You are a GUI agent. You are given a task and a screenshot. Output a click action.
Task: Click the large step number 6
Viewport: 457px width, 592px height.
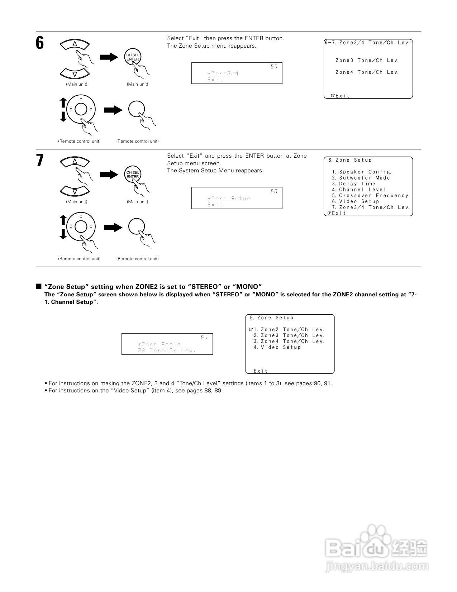coord(40,43)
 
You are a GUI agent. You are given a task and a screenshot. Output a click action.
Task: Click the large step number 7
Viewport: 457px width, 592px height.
coord(40,161)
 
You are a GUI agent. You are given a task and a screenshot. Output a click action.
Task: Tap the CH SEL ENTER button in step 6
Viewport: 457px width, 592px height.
coord(133,57)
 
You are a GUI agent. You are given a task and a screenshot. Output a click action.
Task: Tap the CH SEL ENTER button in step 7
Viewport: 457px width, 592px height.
coord(133,175)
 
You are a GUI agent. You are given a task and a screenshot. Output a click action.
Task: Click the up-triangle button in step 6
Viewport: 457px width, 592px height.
coord(75,44)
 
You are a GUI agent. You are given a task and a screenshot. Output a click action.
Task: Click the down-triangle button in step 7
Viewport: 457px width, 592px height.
coord(75,192)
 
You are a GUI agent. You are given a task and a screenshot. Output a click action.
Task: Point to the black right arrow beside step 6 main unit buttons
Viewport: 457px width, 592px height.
coord(109,57)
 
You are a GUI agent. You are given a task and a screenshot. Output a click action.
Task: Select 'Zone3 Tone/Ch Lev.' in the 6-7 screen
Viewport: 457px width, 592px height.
coord(367,61)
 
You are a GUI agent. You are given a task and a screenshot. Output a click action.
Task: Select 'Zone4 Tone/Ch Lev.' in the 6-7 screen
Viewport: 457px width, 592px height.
coord(367,72)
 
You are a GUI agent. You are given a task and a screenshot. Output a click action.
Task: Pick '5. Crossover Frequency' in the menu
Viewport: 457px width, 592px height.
coord(370,196)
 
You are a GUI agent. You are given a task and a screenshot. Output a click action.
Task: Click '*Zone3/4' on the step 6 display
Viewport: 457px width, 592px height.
coord(223,73)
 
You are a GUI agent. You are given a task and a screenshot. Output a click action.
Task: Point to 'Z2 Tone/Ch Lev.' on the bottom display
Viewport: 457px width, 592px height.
coord(167,350)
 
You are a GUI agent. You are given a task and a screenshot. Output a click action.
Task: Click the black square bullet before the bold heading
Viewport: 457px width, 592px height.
coord(39,287)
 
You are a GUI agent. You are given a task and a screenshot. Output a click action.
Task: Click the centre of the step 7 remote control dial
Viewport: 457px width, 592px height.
coord(81,226)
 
